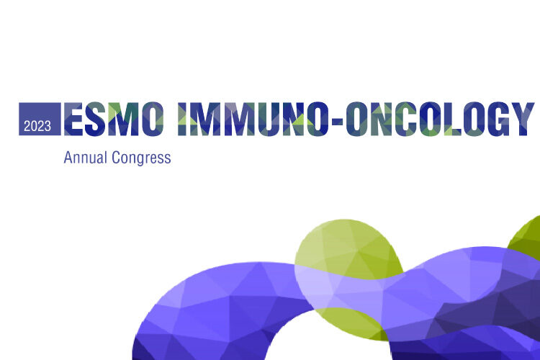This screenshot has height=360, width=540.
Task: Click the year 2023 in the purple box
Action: click(x=37, y=126)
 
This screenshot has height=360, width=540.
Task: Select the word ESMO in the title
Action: click(x=114, y=119)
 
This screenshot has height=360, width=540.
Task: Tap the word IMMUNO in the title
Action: click(x=251, y=119)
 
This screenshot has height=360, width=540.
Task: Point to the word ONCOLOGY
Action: click(x=440, y=119)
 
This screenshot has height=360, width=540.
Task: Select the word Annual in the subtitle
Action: click(x=86, y=158)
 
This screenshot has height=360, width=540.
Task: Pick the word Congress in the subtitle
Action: click(x=141, y=158)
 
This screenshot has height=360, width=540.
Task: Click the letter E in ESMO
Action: click(x=73, y=119)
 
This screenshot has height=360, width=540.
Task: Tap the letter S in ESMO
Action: click(x=95, y=119)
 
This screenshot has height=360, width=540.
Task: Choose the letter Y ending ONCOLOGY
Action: click(x=523, y=119)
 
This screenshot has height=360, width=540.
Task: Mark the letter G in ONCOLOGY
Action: click(x=498, y=119)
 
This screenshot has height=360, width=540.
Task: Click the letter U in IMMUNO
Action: click(x=269, y=119)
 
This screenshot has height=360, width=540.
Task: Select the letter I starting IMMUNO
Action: click(x=183, y=119)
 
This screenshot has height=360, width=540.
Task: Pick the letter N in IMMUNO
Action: click(x=294, y=119)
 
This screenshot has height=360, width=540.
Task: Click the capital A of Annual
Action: click(x=68, y=158)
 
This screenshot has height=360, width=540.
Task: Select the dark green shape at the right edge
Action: click(x=524, y=238)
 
